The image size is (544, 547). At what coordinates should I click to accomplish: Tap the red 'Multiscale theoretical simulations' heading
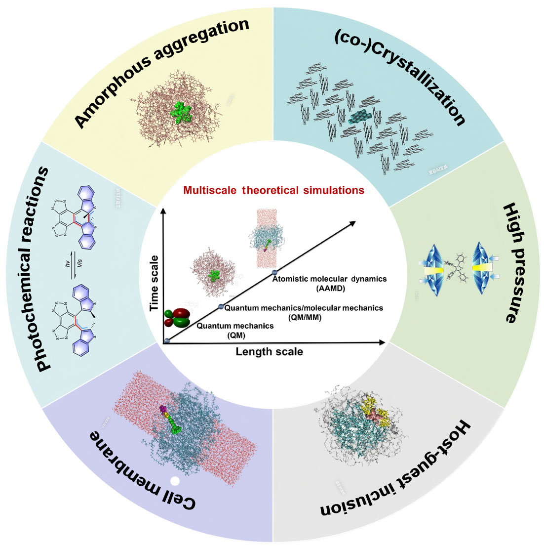[273, 190]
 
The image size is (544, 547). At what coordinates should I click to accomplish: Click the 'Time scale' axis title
[155, 283]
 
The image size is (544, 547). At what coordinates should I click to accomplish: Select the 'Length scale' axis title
[269, 352]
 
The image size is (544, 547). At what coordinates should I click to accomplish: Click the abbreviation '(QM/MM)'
[304, 317]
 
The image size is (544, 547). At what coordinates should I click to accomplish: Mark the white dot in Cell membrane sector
[174, 480]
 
